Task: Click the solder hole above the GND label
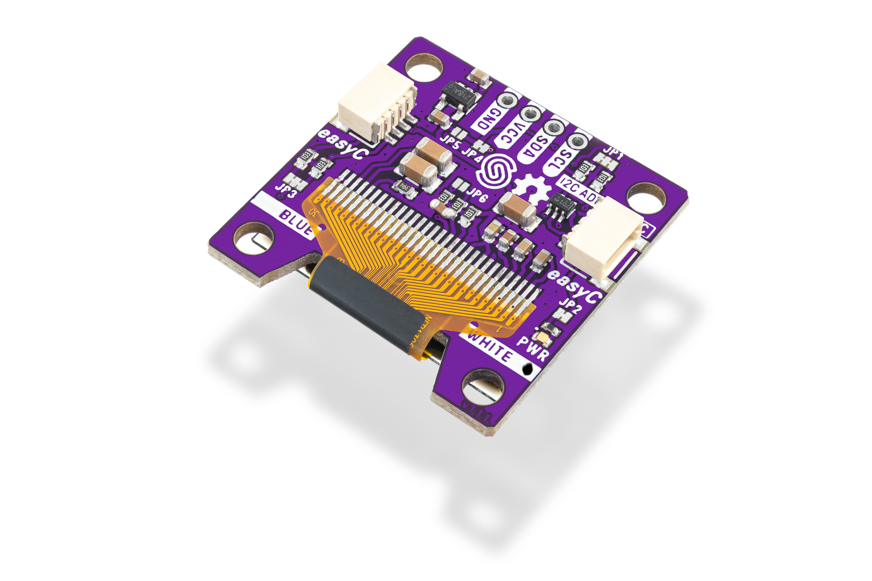tap(507, 101)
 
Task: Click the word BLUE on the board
tap(296, 222)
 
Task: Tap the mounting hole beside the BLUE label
tap(253, 238)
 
